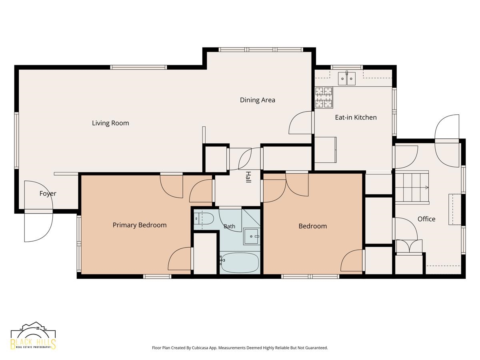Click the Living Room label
pos(110,123)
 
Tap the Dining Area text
pos(257,100)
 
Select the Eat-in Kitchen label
pos(356,117)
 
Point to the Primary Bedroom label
pos(140,225)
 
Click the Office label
pos(426,219)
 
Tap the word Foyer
pos(48,194)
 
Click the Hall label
pos(248,177)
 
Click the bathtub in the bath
pos(240,262)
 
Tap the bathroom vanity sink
pos(252,236)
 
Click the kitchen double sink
pos(347,78)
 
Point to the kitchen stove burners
pos(324,98)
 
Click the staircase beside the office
pos(412,187)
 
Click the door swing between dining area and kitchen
pos(300,123)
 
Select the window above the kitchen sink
pos(347,67)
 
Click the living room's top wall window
pos(138,67)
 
